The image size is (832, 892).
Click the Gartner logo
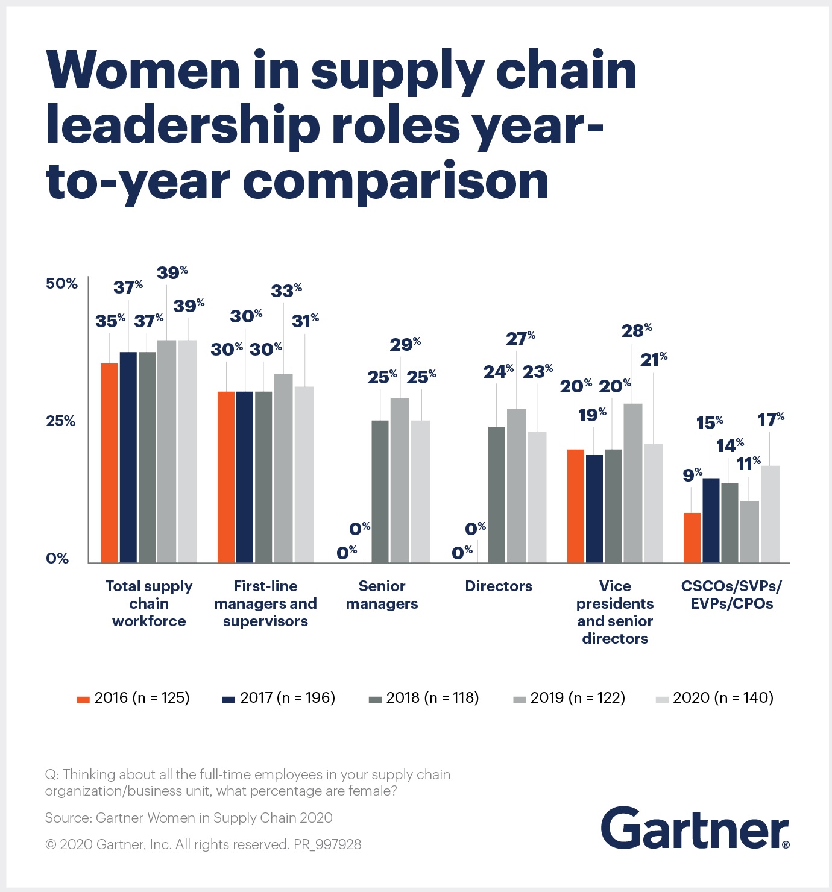(x=695, y=828)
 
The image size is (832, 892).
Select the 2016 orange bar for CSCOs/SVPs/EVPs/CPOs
(x=692, y=538)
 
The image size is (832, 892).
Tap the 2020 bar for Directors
(x=537, y=497)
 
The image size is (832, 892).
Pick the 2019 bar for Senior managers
(x=400, y=480)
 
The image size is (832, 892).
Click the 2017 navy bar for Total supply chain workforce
(x=128, y=457)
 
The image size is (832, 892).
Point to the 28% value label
(x=637, y=330)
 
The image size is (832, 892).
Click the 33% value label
(x=286, y=291)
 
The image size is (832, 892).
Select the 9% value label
(x=692, y=474)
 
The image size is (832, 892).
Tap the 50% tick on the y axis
(x=62, y=283)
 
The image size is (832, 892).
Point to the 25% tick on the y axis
(x=61, y=421)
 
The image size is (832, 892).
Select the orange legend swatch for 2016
(x=83, y=700)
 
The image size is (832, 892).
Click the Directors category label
(x=499, y=586)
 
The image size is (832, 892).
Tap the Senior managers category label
(x=382, y=595)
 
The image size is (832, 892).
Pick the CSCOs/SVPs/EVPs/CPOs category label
(x=731, y=595)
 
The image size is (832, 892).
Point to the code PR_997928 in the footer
(x=327, y=844)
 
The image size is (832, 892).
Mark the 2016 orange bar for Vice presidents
(x=576, y=506)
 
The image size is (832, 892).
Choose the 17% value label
(x=771, y=419)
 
